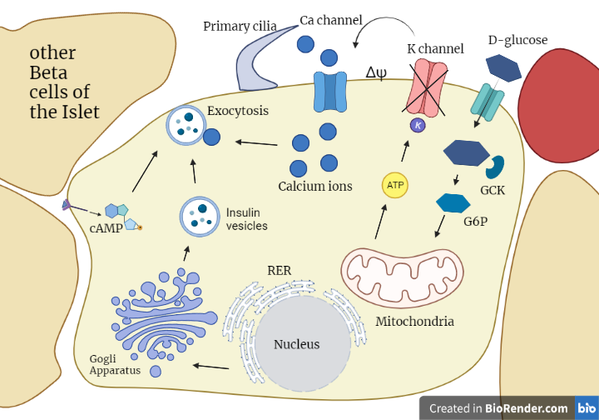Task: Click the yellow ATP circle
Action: (395, 185)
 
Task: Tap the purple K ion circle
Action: (418, 125)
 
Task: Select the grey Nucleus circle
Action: (303, 343)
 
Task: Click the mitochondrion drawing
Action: (402, 277)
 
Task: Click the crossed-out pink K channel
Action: (426, 87)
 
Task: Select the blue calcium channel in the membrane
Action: (329, 92)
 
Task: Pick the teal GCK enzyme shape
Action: (496, 167)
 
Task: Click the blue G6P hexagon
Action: (453, 203)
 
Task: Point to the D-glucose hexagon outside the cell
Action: (503, 68)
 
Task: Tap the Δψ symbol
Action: (376, 72)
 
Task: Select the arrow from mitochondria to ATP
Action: (381, 222)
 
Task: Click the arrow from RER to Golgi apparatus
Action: (210, 367)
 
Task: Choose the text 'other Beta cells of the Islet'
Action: (64, 82)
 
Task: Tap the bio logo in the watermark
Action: (587, 407)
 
